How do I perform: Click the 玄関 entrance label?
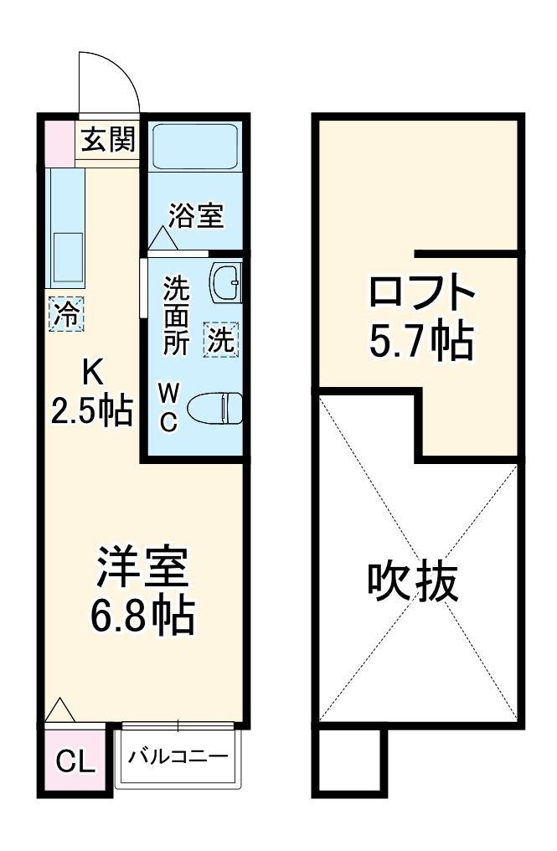pyautogui.click(x=108, y=140)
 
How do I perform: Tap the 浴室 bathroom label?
pyautogui.click(x=195, y=216)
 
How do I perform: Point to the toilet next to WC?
pyautogui.click(x=216, y=410)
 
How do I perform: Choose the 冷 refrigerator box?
pyautogui.click(x=66, y=315)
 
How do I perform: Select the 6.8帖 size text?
pyautogui.click(x=142, y=617)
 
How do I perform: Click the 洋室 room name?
pyautogui.click(x=142, y=570)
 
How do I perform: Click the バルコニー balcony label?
pyautogui.click(x=178, y=756)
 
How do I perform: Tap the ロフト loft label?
pyautogui.click(x=422, y=293)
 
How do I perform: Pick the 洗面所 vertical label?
pyautogui.click(x=176, y=317)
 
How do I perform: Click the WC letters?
pyautogui.click(x=168, y=407)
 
